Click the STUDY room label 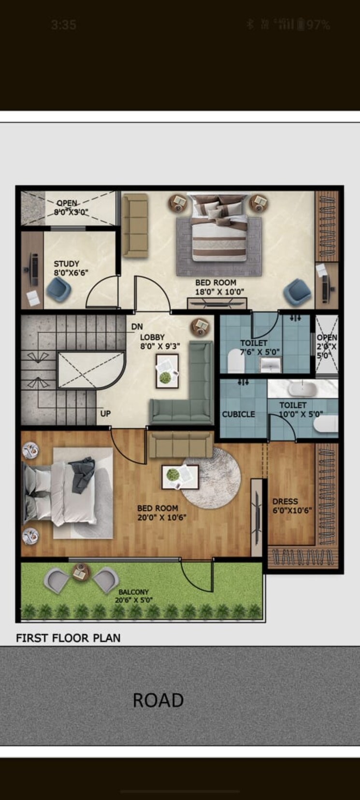(66, 264)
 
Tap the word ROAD (158, 700)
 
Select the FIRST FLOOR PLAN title (68, 638)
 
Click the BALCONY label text (133, 592)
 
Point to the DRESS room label (285, 501)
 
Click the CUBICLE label (238, 414)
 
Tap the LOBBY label (152, 337)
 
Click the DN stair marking (137, 327)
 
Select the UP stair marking (105, 414)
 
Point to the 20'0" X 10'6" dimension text (162, 517)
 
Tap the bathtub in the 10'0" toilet (302, 388)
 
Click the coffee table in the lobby (167, 371)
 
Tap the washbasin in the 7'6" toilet (271, 365)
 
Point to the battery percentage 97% (318, 25)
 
